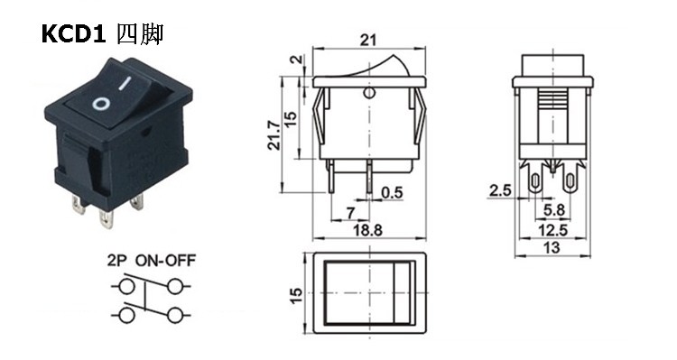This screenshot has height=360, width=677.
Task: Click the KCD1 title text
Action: (x=73, y=34)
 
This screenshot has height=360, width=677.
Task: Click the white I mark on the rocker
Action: (x=125, y=83)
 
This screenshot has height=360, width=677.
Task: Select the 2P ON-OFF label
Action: (x=151, y=261)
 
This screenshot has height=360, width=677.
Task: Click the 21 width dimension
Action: (x=368, y=40)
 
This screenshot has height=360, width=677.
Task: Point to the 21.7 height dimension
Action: (x=274, y=134)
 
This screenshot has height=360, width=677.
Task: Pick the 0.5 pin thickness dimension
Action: (x=392, y=192)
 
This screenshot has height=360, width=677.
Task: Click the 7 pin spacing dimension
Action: (x=350, y=213)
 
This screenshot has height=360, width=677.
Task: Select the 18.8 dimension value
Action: (x=368, y=230)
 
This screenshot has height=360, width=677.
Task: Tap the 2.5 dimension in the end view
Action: (x=500, y=190)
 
